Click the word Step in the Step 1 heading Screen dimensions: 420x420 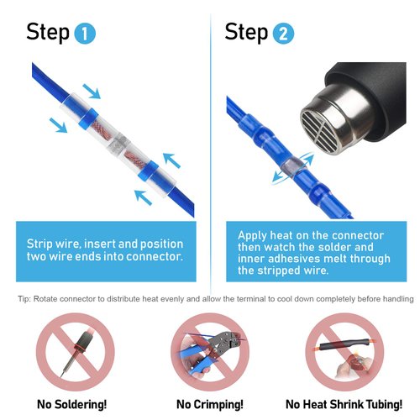click(x=48, y=33)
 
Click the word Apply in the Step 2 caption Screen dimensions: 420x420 click(x=254, y=235)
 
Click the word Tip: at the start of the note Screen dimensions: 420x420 click(x=25, y=300)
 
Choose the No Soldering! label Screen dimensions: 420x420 click(x=71, y=404)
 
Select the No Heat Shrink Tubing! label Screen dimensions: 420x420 click(x=340, y=404)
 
